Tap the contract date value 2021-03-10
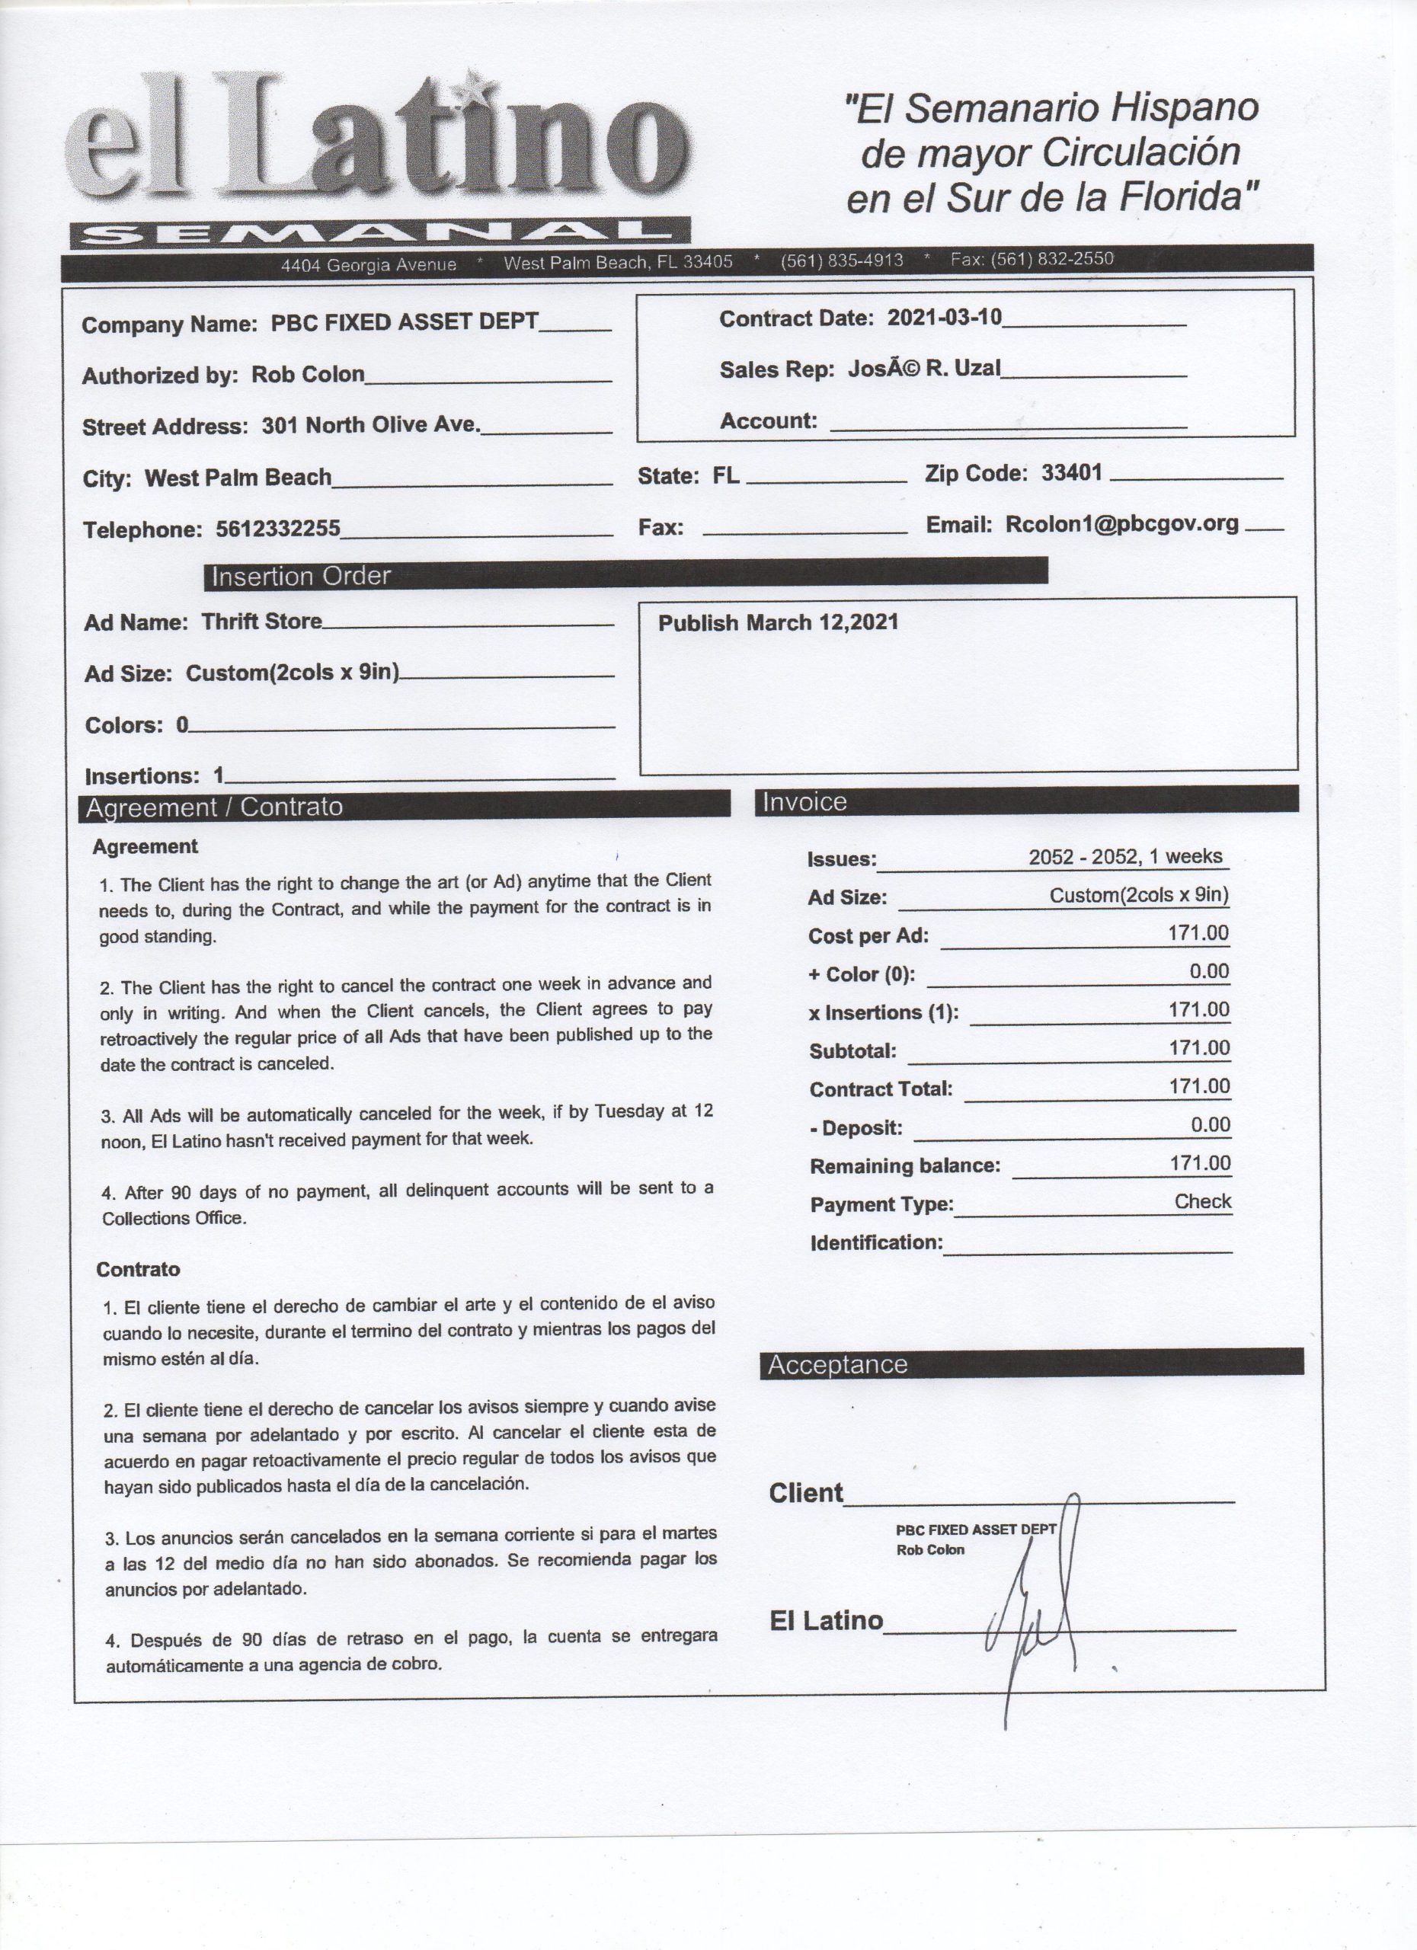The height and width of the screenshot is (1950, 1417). tap(944, 318)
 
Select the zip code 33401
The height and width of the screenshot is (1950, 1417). tap(1071, 472)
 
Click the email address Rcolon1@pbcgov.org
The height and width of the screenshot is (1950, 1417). tap(1122, 525)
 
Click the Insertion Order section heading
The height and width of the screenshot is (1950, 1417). tap(301, 576)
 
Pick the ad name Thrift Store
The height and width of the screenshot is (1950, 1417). tap(261, 622)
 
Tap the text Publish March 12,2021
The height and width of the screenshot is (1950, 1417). tap(778, 622)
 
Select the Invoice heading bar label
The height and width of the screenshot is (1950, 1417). tap(804, 802)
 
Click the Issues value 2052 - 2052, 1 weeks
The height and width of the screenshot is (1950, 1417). tap(1124, 856)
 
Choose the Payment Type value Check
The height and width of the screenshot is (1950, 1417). tap(1202, 1201)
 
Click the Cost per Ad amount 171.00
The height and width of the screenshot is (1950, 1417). tap(1198, 933)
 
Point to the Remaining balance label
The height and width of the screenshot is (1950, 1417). tap(904, 1166)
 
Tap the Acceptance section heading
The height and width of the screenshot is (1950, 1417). tap(837, 1364)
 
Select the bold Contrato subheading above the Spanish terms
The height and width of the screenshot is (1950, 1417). tap(138, 1270)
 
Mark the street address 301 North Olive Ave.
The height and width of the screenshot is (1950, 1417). tap(370, 425)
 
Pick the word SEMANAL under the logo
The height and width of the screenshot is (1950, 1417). tap(379, 232)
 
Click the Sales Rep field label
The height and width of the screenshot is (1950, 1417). tap(776, 369)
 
